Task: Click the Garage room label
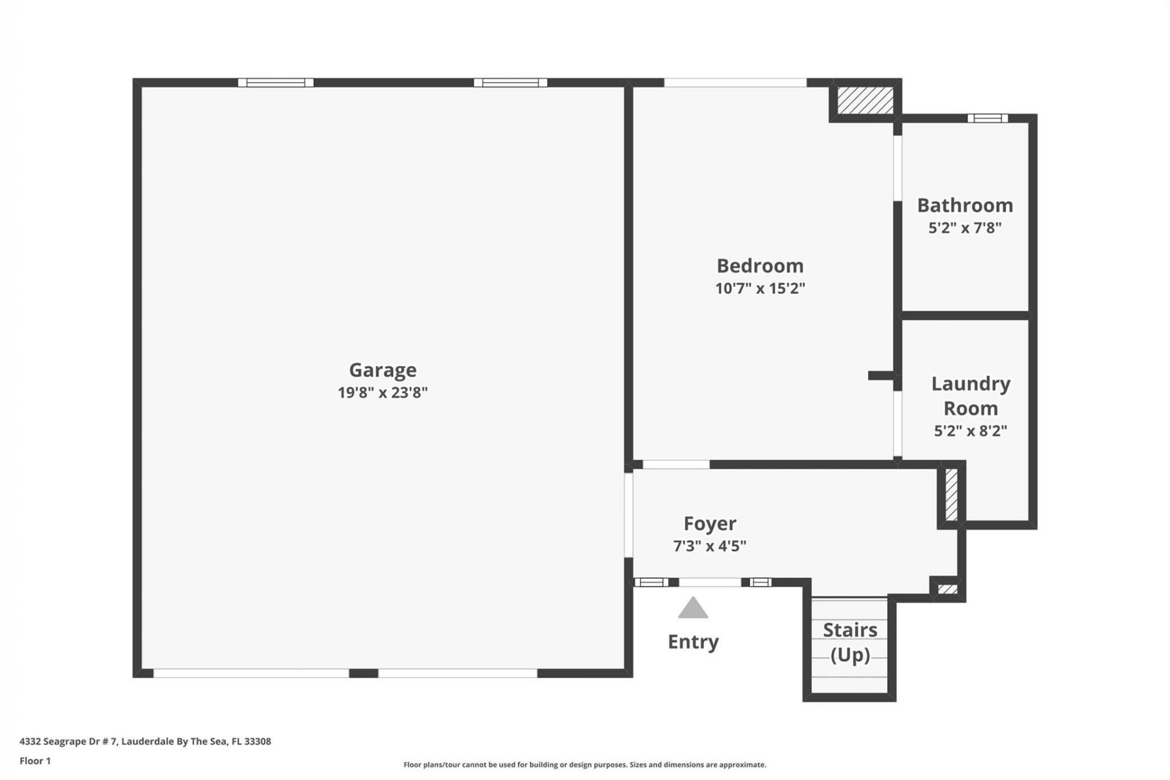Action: (383, 370)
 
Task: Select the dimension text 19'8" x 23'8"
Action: (383, 392)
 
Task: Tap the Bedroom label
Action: (760, 266)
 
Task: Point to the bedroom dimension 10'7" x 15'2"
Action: (760, 288)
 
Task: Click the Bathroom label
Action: (965, 205)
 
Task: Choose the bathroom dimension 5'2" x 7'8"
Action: (965, 228)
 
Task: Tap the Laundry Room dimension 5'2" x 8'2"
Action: (970, 431)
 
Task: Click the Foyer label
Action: (710, 523)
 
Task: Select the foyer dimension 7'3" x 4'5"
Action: (709, 546)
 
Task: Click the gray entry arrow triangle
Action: (693, 609)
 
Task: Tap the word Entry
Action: (693, 642)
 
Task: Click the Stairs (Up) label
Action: (850, 642)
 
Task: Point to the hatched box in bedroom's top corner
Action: (865, 100)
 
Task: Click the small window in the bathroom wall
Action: (987, 118)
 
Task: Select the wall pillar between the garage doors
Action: (363, 673)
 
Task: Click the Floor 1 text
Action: (35, 760)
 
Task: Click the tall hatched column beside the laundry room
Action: (951, 494)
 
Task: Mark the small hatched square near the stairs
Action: (947, 589)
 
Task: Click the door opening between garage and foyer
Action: (628, 515)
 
